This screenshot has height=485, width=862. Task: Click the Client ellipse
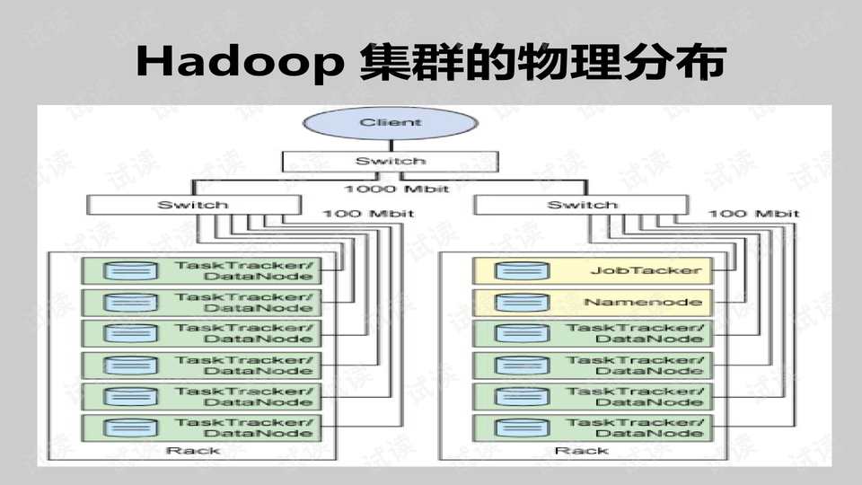(390, 123)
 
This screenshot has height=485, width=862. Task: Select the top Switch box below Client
(390, 161)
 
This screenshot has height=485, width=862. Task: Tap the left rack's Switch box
(192, 206)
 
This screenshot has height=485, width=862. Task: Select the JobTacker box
(593, 270)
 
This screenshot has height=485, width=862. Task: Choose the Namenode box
(593, 302)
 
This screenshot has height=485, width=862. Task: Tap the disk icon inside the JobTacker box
(510, 270)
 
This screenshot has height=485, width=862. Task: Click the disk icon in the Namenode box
(510, 302)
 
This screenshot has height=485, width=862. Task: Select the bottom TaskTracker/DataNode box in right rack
(593, 428)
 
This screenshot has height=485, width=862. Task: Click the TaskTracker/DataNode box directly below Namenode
(593, 333)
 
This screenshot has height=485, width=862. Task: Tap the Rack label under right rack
(568, 451)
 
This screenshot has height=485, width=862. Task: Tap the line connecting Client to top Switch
(390, 145)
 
